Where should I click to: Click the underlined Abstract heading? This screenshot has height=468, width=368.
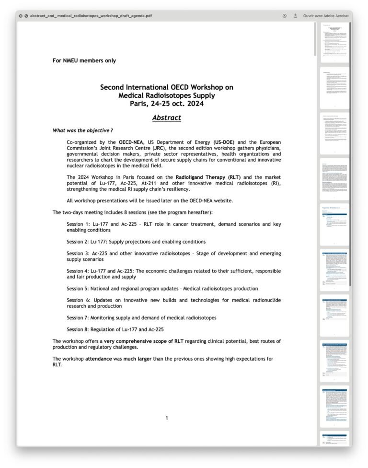166,117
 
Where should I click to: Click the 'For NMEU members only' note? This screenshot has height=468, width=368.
84,60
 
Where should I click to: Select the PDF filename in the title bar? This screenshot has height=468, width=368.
91,16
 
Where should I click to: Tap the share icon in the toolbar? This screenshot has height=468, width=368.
296,16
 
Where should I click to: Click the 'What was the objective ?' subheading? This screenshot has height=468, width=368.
82,130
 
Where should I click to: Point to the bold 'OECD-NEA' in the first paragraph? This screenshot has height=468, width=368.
131,142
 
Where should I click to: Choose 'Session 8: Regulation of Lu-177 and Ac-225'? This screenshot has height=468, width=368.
115,329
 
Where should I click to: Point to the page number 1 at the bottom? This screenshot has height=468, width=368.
166,418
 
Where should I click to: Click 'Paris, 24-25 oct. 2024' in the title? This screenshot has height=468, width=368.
166,104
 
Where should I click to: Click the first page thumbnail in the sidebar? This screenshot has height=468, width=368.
334,42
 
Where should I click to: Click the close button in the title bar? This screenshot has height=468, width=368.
21,16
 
